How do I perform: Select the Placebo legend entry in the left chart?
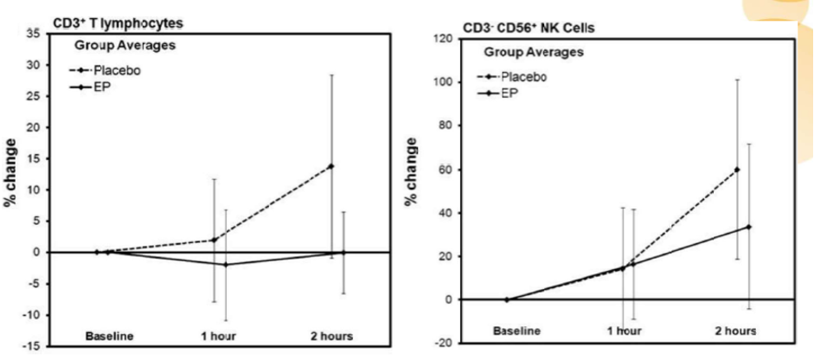[x=117, y=70]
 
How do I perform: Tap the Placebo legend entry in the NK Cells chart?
[x=523, y=76]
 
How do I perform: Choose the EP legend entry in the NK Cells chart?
[x=516, y=93]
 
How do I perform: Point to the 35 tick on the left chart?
[x=34, y=33]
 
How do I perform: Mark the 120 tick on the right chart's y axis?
[x=445, y=39]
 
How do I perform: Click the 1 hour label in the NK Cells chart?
[x=625, y=331]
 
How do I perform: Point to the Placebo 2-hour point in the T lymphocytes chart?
[x=330, y=166]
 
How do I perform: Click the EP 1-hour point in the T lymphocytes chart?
[x=226, y=265]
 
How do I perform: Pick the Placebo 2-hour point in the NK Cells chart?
[x=737, y=170]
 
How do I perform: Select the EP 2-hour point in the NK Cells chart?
[x=748, y=227]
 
